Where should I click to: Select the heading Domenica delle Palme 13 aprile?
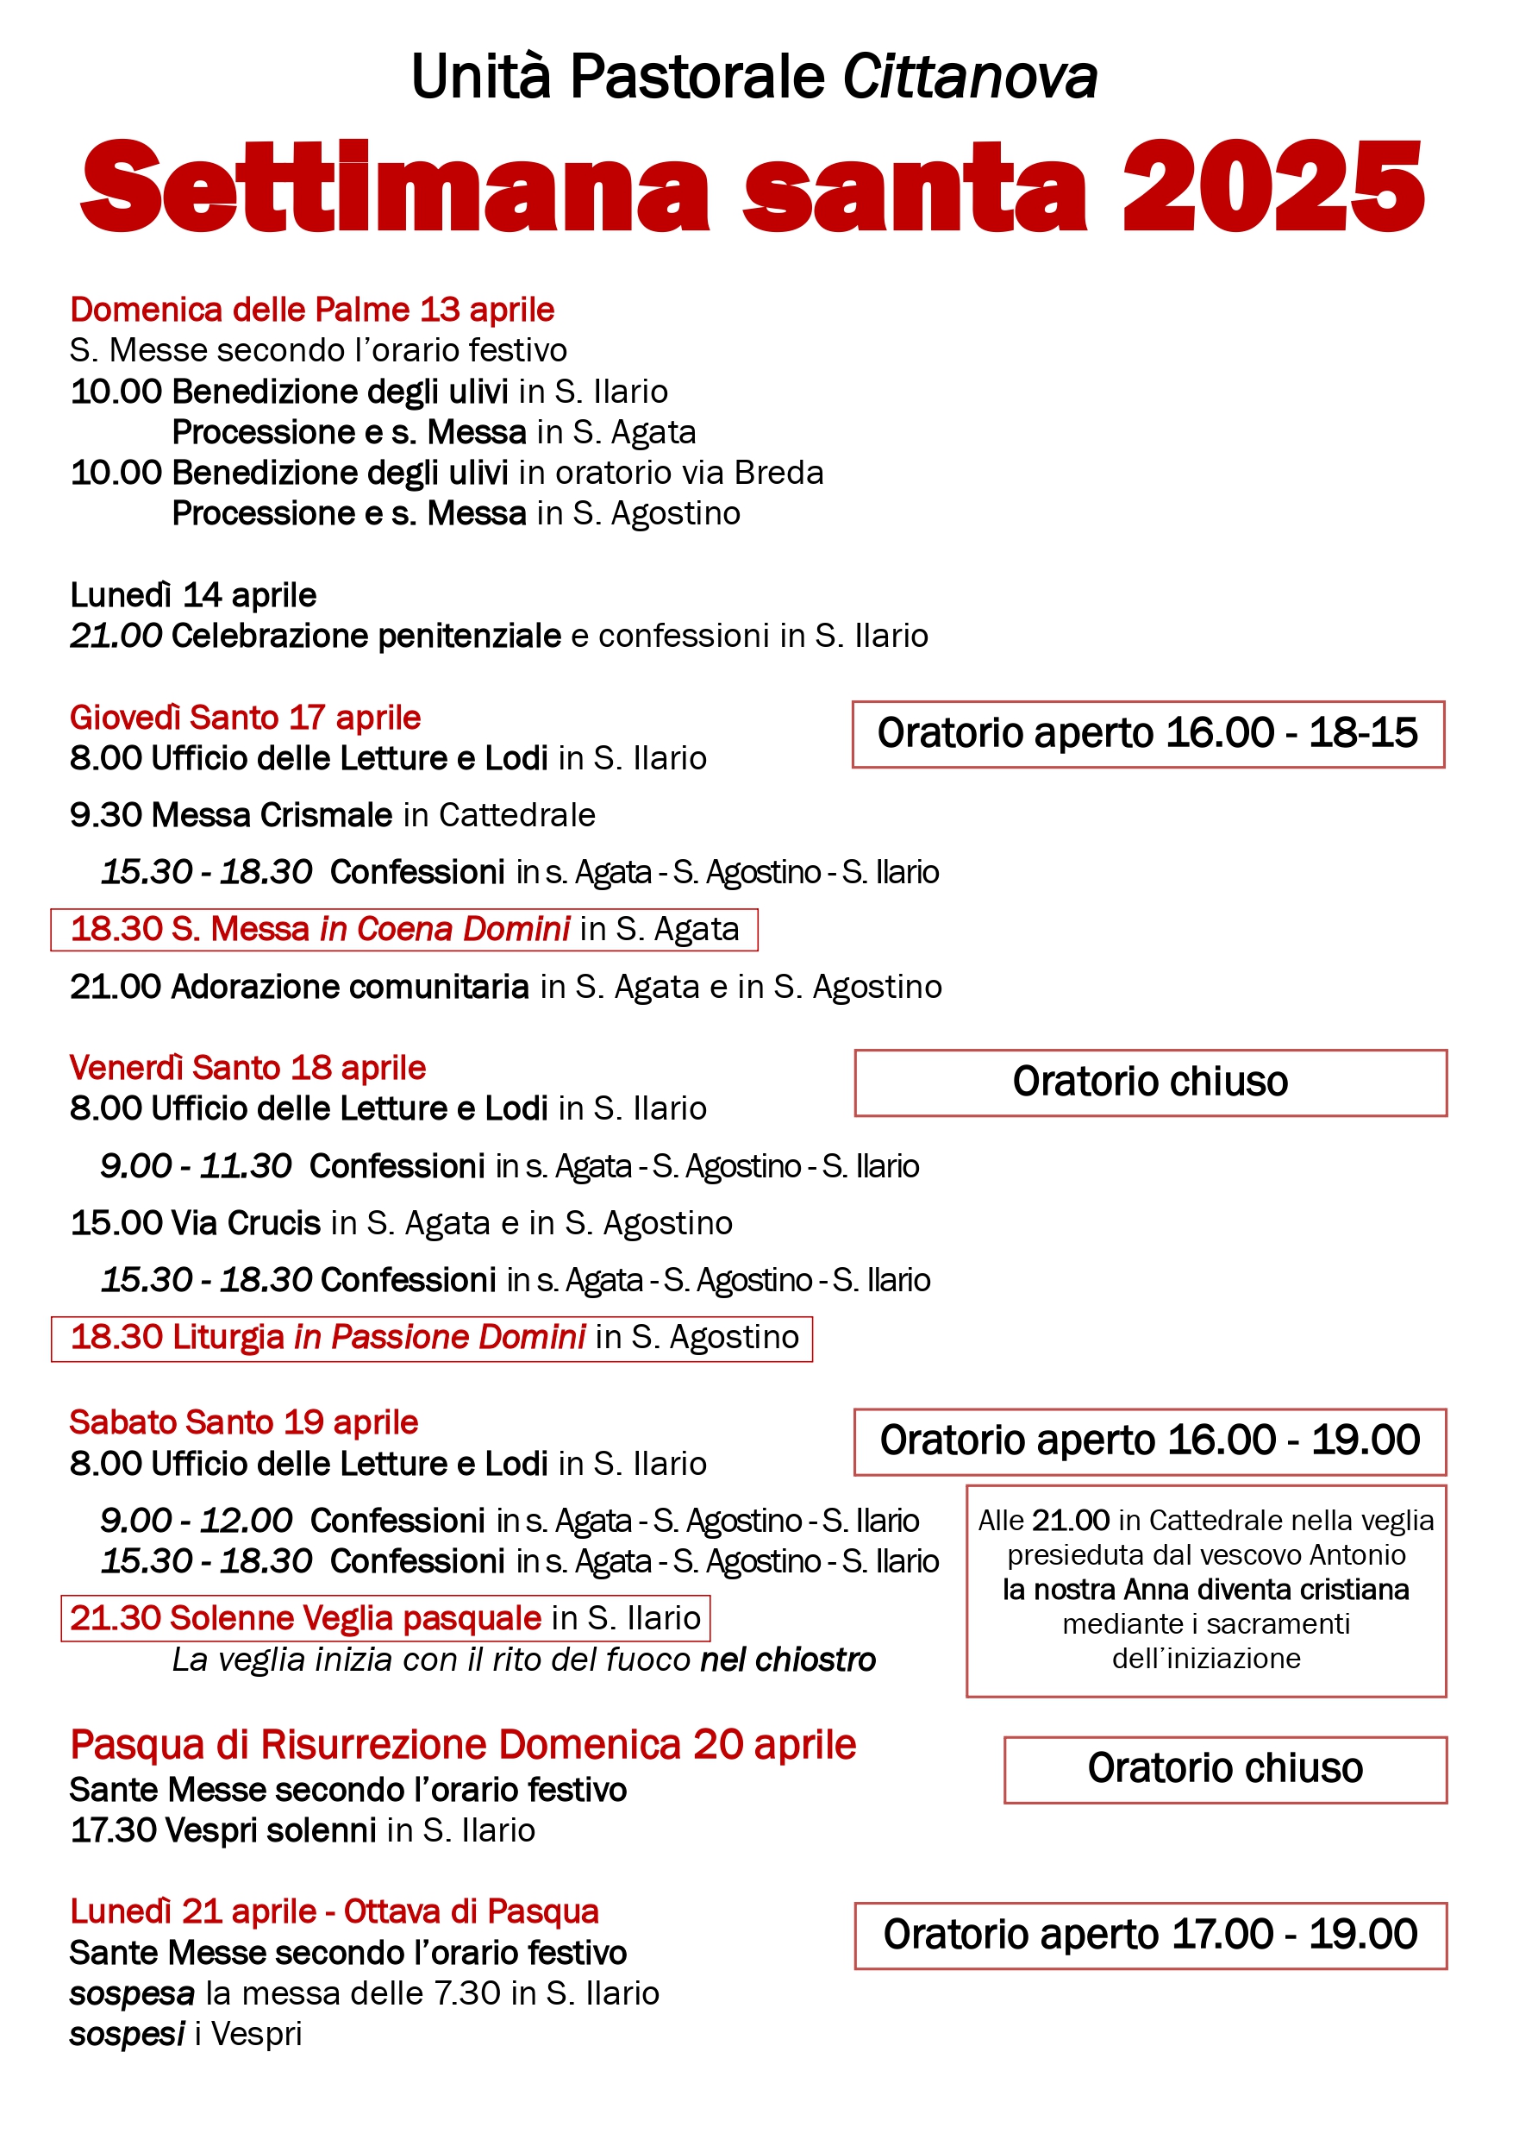[312, 310]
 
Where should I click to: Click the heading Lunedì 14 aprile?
[193, 594]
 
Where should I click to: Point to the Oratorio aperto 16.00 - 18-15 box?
[1147, 733]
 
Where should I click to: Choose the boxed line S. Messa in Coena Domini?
[404, 929]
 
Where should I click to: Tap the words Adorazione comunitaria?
[350, 986]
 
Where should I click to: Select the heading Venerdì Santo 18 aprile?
[247, 1067]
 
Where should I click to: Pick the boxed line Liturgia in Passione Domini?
[432, 1338]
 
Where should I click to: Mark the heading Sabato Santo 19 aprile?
[243, 1422]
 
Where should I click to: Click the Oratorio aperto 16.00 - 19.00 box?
[1150, 1441]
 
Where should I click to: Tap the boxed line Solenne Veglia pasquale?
[385, 1618]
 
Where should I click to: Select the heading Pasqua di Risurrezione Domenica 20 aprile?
[463, 1745]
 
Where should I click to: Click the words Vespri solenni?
[270, 1830]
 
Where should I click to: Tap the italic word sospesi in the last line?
[127, 2034]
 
